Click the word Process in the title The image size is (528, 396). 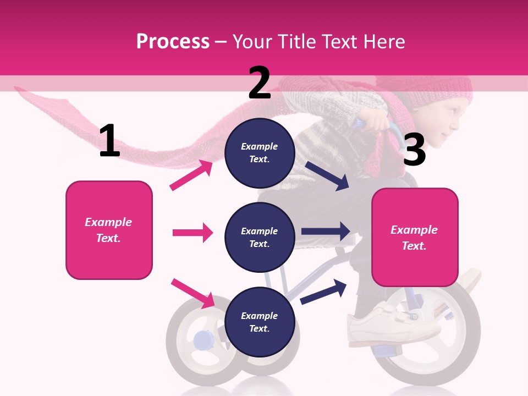point(173,41)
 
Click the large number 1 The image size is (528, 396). point(109,141)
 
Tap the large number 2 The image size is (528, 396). point(260,82)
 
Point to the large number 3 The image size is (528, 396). point(414,150)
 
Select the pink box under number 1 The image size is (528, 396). point(109,230)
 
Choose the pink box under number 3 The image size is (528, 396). point(415,238)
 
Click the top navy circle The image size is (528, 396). point(260,152)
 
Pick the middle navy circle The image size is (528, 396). point(260,237)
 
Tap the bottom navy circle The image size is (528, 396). point(260,322)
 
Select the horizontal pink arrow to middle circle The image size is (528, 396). point(193,233)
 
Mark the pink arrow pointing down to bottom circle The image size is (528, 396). point(193,293)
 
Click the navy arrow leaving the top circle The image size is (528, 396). point(327,176)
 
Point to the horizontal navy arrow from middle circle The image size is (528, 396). point(326,232)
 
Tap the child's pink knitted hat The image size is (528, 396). point(435,88)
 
